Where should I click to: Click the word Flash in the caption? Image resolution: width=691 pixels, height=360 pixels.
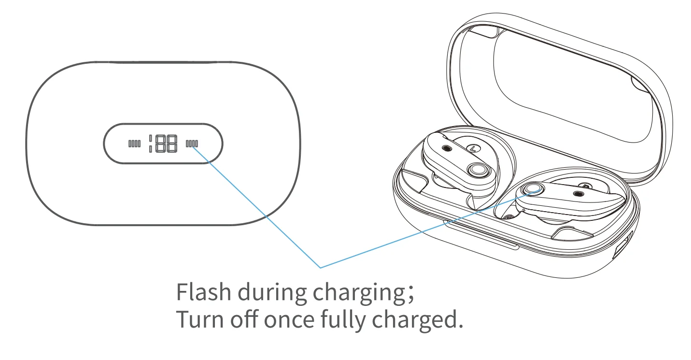[x=204, y=292]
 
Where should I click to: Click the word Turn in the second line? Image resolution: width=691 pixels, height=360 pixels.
[x=199, y=319]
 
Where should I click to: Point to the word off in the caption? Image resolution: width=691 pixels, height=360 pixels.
[x=244, y=318]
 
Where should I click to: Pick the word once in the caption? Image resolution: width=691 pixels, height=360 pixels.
[x=289, y=321]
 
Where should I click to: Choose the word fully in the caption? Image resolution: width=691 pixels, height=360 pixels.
[x=343, y=320]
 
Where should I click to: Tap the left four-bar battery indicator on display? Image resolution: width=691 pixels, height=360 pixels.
[x=135, y=144]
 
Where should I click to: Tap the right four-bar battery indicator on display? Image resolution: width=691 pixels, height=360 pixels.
[x=192, y=144]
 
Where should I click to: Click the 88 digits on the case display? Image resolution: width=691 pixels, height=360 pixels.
[x=166, y=144]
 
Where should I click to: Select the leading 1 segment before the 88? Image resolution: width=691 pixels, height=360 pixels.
[x=151, y=144]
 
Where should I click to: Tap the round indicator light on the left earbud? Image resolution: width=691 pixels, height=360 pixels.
[x=478, y=170]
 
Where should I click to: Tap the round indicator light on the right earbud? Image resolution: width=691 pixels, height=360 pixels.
[x=533, y=188]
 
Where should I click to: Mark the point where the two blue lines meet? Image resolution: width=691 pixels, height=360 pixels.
[x=321, y=267]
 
